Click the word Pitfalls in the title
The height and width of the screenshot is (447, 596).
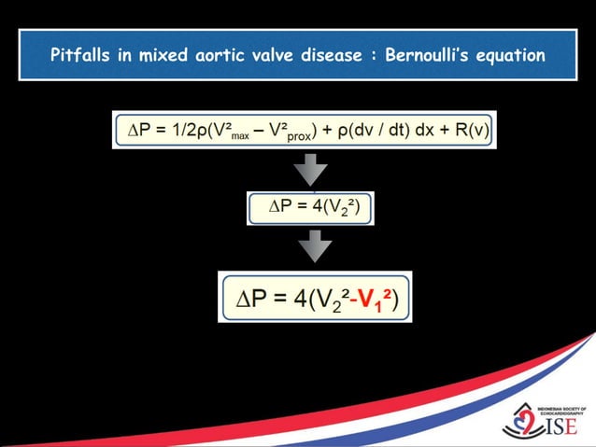click(x=80, y=55)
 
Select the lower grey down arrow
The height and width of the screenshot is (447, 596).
click(x=313, y=245)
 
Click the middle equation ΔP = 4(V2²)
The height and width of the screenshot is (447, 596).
click(x=309, y=208)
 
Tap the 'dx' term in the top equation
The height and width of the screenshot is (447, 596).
click(x=424, y=131)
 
